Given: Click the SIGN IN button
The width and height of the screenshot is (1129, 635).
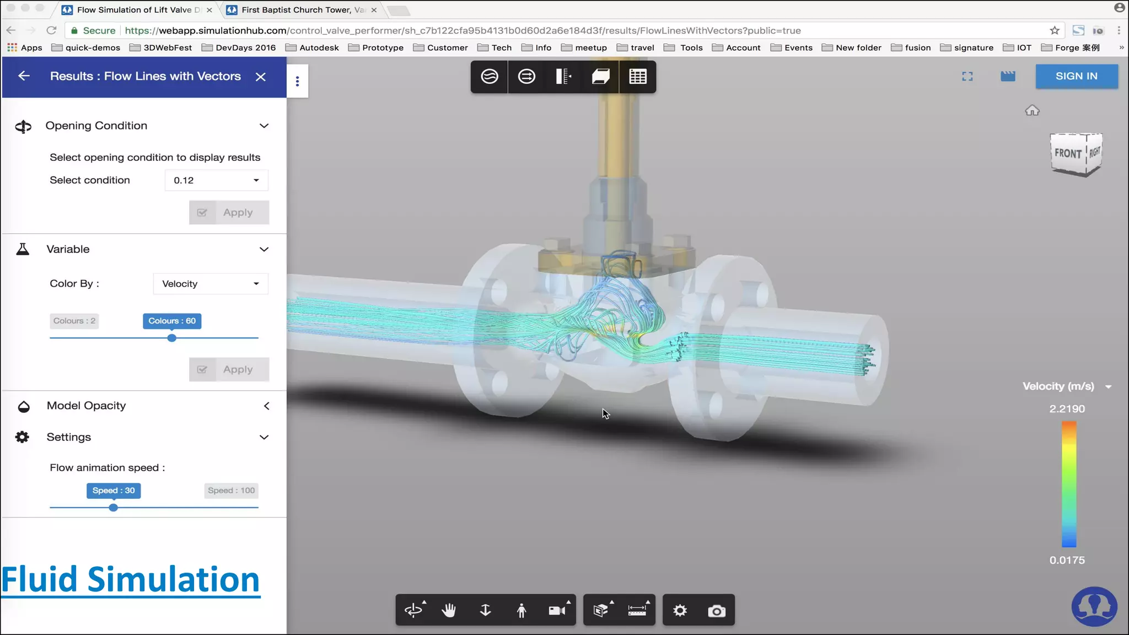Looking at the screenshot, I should click(1076, 76).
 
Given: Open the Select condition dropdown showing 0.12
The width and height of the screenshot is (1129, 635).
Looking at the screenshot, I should click(216, 180).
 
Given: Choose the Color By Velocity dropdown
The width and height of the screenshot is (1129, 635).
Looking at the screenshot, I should click(211, 284).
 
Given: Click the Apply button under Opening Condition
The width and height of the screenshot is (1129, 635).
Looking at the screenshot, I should click(229, 212).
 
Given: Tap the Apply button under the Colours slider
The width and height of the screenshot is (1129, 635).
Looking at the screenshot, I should click(229, 369).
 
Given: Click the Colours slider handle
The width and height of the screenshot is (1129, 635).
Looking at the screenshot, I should click(172, 338).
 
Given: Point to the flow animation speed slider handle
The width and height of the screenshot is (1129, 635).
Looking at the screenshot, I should click(113, 508).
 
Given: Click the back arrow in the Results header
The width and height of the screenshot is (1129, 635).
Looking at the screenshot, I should click(24, 76).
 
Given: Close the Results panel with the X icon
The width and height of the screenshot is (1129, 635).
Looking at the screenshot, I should click(261, 77).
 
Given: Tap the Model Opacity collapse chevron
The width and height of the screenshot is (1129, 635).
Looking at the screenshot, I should click(266, 406).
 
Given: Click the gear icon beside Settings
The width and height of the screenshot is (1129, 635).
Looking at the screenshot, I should click(22, 437).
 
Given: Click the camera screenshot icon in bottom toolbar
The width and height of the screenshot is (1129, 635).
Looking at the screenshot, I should click(716, 611).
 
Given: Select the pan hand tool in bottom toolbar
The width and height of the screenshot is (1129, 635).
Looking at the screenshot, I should click(449, 610).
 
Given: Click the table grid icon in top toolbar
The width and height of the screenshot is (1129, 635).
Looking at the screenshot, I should click(637, 77).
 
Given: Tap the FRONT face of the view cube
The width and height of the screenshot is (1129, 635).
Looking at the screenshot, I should click(1068, 153).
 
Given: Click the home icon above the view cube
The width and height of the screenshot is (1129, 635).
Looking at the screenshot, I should click(1032, 111).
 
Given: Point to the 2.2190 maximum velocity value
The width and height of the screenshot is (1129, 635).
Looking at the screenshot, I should click(1067, 409).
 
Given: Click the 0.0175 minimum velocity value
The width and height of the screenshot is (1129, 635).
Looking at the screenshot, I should click(1067, 560).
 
